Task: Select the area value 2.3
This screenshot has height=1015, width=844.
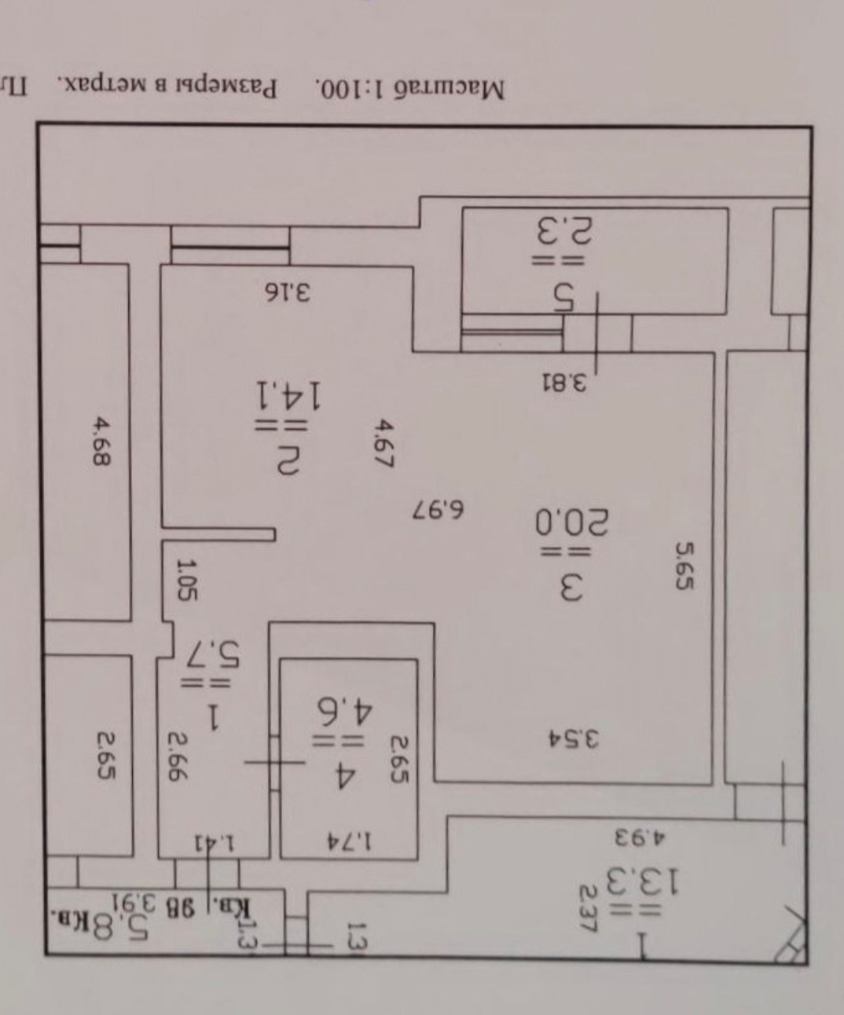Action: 564,231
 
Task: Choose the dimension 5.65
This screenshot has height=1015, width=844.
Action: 686,565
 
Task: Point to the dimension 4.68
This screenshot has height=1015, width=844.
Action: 101,442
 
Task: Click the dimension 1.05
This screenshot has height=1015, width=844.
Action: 186,580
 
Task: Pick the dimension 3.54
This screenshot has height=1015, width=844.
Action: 573,738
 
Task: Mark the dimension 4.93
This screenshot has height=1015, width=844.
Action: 638,835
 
